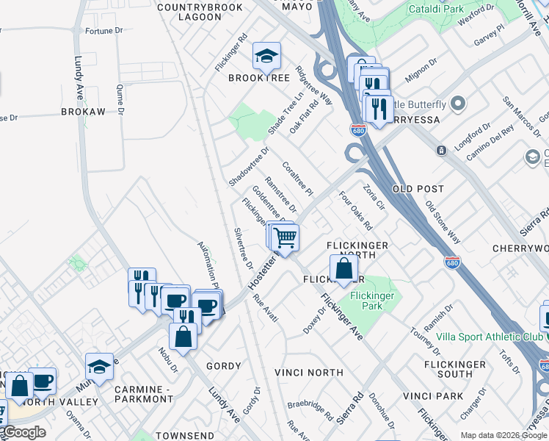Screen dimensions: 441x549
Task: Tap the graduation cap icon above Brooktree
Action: [266, 55]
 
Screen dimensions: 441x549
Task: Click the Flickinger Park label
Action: [372, 301]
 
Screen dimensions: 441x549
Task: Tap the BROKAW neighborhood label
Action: [83, 112]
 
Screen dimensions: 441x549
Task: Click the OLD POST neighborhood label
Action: [418, 189]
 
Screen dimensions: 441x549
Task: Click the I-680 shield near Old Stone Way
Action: [453, 262]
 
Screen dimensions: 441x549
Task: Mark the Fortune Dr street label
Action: [103, 31]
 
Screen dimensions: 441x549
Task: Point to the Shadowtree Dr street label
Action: [249, 166]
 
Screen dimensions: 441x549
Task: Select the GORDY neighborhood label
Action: [223, 366]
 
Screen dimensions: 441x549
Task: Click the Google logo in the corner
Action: [23, 432]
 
